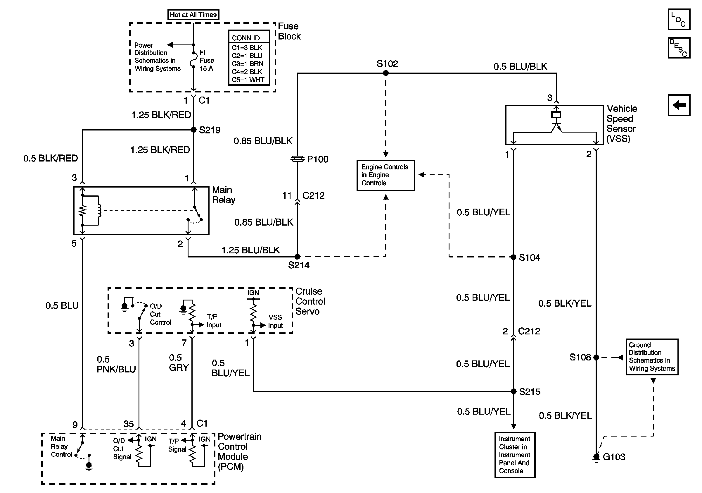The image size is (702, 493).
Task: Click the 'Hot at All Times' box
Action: click(193, 15)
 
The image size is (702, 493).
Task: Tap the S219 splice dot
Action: click(193, 130)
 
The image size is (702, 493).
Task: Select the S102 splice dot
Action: click(386, 73)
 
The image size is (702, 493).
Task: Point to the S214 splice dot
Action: click(298, 256)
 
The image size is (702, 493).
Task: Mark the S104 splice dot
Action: click(514, 257)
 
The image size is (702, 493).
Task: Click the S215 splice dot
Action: click(514, 391)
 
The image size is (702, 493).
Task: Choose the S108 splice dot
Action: click(596, 357)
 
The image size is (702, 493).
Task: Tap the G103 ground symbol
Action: click(596, 457)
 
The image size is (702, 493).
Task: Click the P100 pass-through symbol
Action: click(298, 159)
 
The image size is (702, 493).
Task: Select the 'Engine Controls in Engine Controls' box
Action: click(385, 175)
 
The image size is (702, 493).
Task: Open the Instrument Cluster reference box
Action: click(515, 455)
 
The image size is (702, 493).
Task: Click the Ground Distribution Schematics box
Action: click(652, 357)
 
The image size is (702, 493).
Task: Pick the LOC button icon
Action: click(679, 20)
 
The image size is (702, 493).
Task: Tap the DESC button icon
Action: click(679, 48)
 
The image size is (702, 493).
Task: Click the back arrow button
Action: click(679, 105)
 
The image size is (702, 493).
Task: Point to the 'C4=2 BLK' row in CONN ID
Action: click(247, 72)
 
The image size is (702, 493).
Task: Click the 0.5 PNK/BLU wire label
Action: click(116, 364)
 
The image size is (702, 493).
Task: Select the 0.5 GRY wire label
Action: click(179, 363)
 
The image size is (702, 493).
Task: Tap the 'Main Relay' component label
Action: click(224, 195)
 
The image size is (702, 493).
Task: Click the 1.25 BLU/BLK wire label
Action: click(250, 250)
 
